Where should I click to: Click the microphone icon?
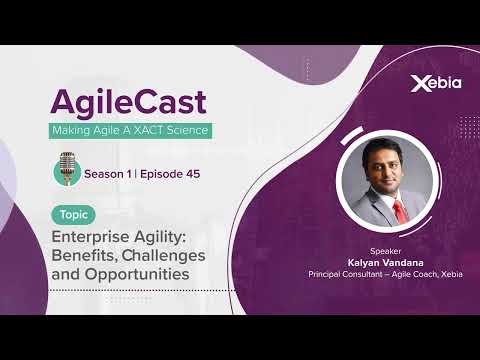point(67,168)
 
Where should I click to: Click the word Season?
point(107,173)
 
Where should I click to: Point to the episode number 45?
point(189,173)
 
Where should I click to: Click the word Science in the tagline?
point(188,131)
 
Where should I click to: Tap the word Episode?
point(156,173)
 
